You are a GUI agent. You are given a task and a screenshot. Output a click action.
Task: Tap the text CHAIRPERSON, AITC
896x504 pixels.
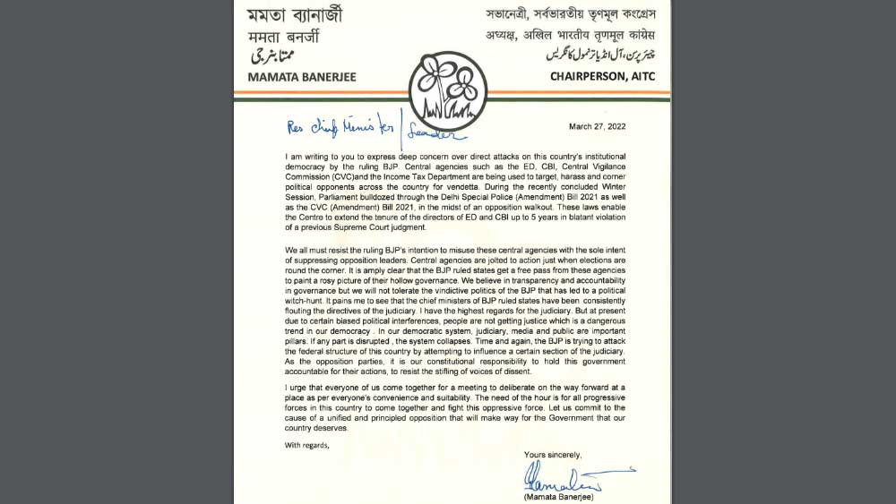point(603,76)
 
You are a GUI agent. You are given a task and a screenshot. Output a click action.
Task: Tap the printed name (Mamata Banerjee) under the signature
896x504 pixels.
point(558,495)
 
